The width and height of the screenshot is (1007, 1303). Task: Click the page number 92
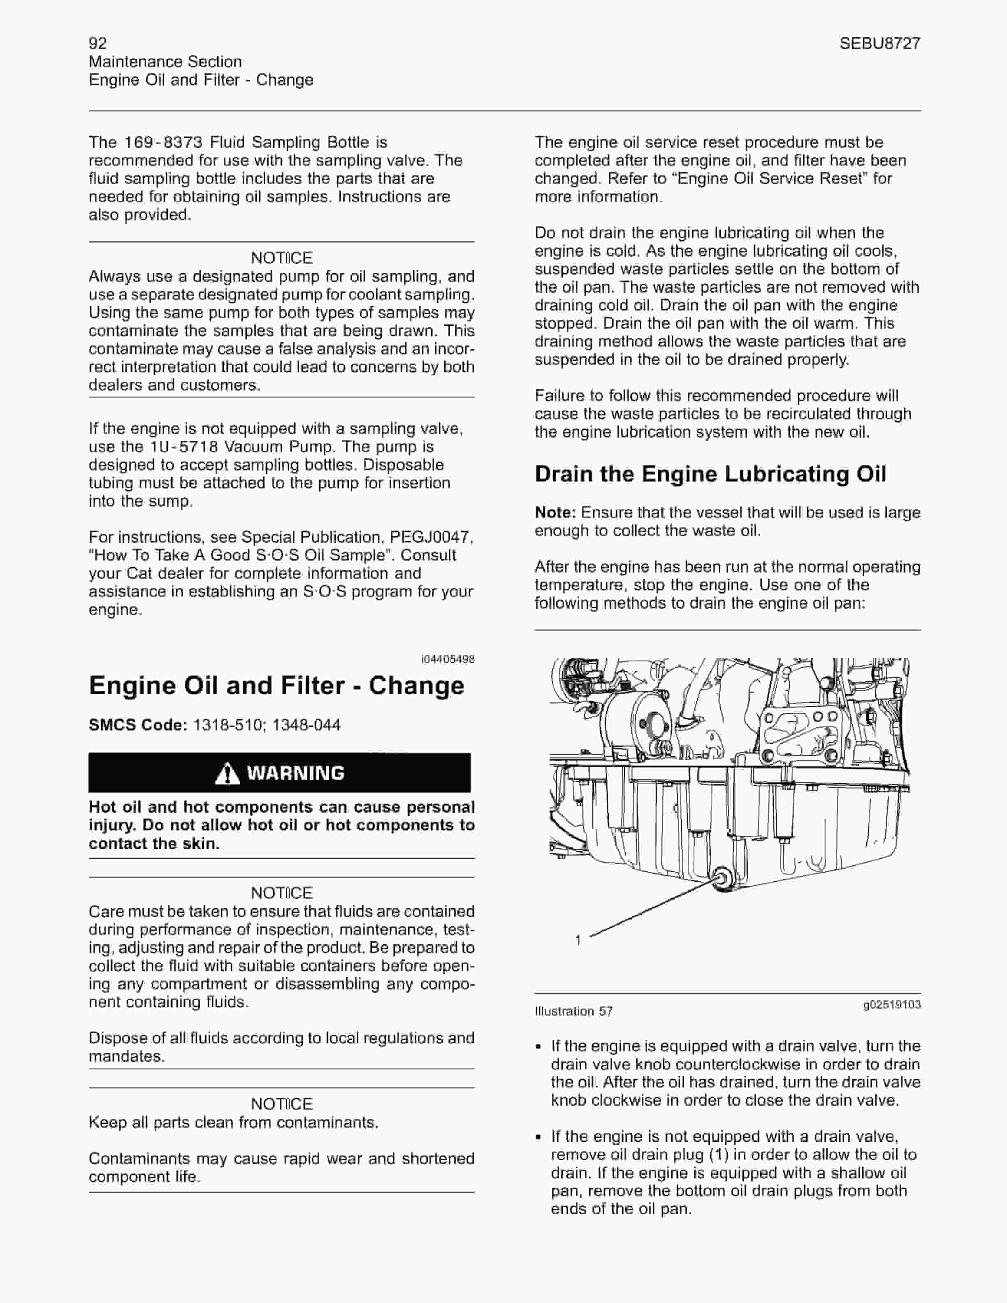click(98, 43)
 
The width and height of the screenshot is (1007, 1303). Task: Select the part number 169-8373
click(163, 143)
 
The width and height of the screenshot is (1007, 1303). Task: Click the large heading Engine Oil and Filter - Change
click(276, 686)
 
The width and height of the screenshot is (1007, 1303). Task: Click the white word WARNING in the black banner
click(296, 773)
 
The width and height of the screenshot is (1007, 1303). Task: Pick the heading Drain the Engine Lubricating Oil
click(710, 474)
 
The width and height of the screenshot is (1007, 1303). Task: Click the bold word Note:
click(555, 513)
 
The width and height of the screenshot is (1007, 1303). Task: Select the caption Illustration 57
click(573, 1011)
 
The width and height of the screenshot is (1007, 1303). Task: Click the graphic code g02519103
click(892, 1005)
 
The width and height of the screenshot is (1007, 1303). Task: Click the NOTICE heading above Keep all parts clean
click(282, 1104)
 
